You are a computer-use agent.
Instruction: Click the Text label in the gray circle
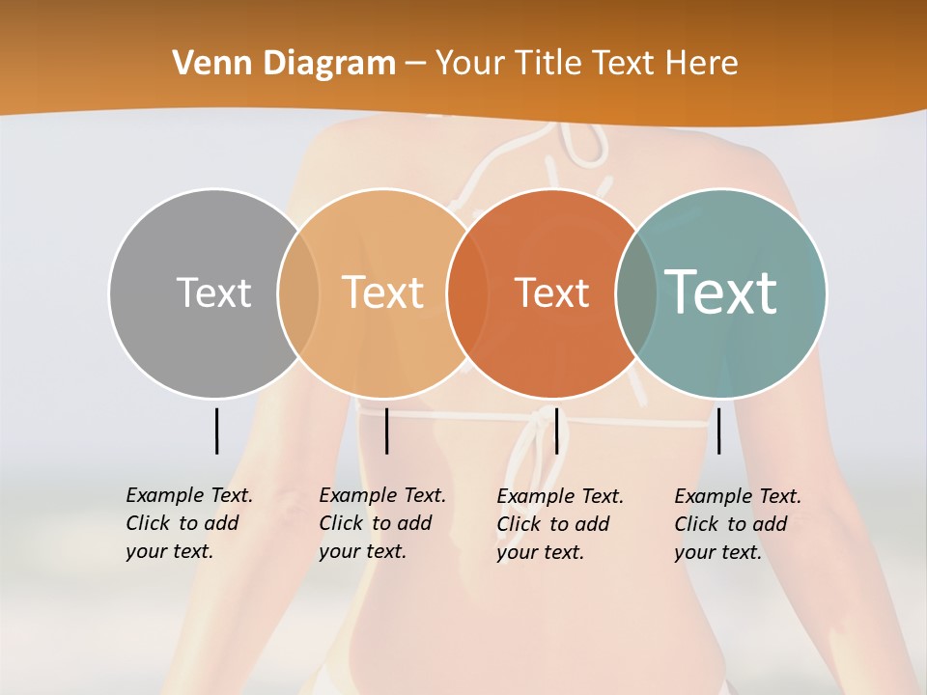point(213,292)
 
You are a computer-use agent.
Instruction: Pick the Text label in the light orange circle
point(383,292)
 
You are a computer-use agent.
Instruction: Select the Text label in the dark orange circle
point(552,292)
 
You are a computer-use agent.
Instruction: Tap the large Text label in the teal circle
point(721,292)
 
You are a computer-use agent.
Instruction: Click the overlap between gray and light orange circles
point(298,292)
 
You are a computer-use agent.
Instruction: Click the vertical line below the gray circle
point(216,431)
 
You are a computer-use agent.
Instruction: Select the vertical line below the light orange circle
point(386,431)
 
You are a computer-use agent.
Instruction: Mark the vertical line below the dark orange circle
point(556,431)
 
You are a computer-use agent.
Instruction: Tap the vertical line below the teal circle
point(719,431)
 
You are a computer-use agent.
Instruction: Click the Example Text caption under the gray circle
point(189,523)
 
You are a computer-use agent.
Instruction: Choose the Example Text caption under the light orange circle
point(382,523)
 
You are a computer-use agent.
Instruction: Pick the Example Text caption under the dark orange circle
point(560,524)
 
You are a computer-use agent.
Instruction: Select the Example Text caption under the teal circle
point(738,524)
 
